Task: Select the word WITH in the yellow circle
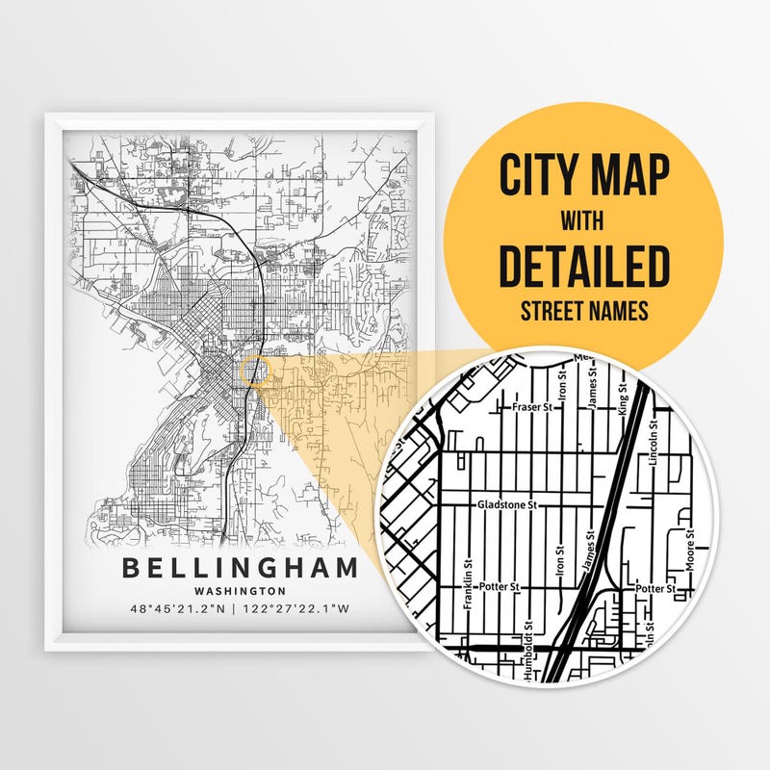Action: (584, 220)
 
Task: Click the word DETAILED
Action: (584, 266)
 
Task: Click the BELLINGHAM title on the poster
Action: (240, 567)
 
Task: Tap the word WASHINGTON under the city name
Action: (240, 591)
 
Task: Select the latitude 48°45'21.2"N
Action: (181, 609)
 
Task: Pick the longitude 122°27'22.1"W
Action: (299, 609)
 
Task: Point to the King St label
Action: (622, 397)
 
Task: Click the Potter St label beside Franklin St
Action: (500, 585)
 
